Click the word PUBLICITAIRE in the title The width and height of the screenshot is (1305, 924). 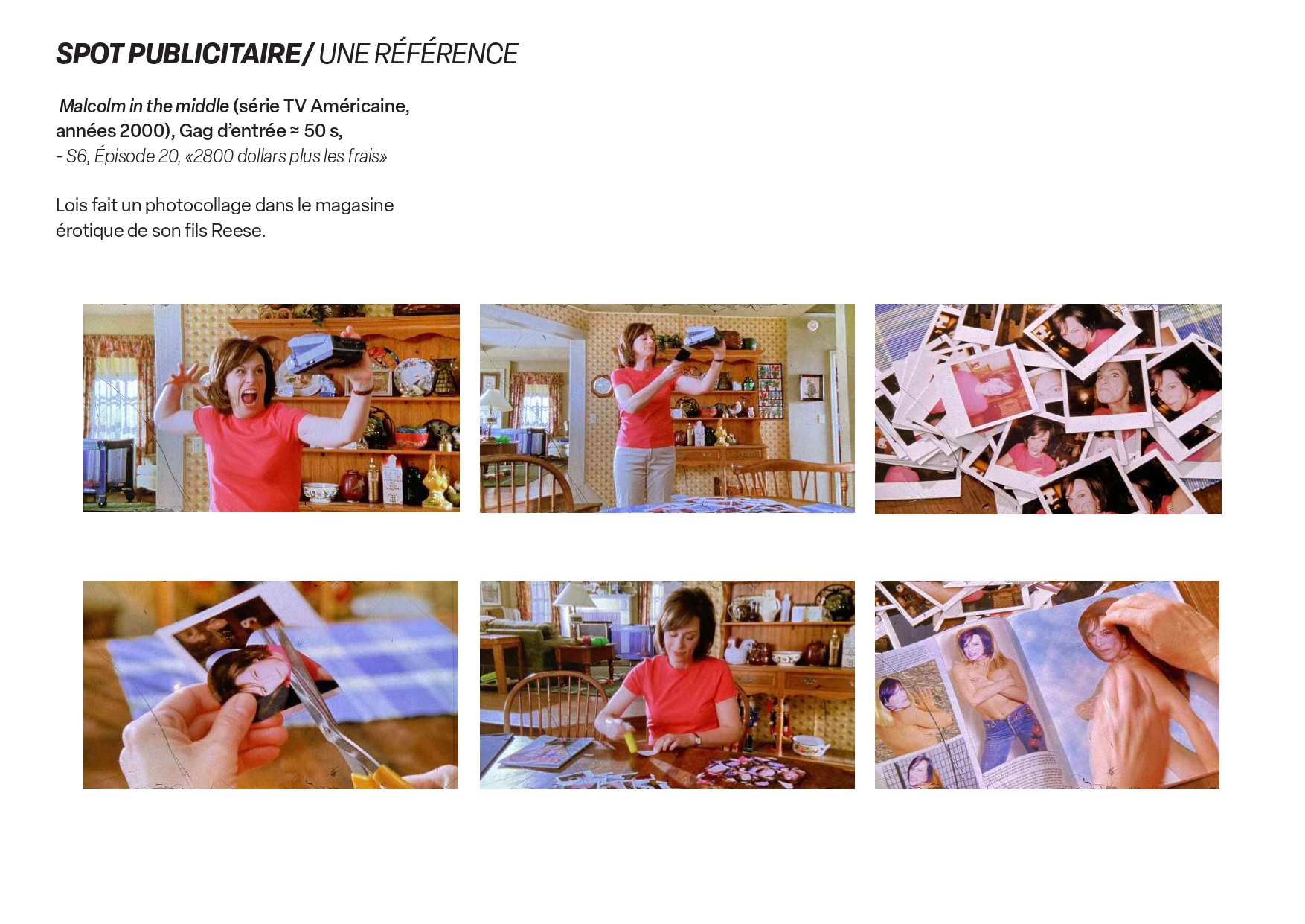click(214, 54)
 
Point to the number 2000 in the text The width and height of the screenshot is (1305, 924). click(141, 130)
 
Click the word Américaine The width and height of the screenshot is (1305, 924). click(359, 106)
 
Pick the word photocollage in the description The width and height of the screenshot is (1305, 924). click(198, 205)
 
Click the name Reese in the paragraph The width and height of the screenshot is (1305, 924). click(237, 230)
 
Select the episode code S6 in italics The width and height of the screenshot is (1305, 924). click(77, 156)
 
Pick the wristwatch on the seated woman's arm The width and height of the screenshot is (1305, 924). click(696, 739)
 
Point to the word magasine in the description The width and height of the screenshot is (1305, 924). click(354, 205)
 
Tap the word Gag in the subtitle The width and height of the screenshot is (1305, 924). click(196, 131)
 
